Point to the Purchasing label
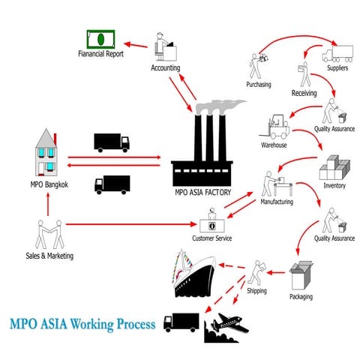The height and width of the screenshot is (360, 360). [259, 85]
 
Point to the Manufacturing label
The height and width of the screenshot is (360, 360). [276, 202]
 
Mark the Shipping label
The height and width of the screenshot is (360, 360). [257, 290]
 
